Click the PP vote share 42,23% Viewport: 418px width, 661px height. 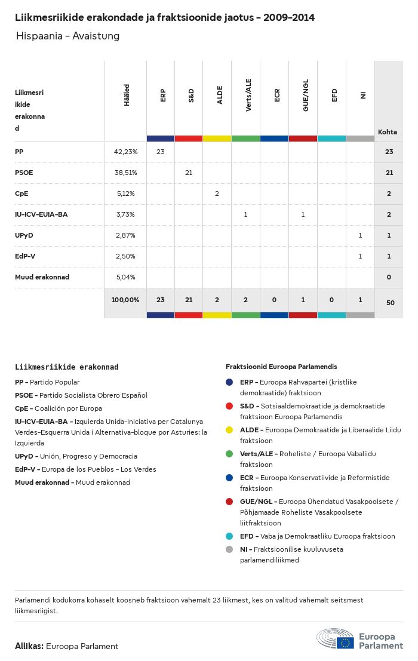[125, 152]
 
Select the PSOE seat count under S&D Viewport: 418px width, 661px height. [189, 173]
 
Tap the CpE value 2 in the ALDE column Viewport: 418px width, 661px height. [217, 193]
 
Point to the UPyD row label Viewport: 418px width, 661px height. [24, 235]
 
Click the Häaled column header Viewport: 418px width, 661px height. [127, 96]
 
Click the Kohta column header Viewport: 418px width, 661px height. [388, 132]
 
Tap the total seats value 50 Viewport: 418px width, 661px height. [390, 303]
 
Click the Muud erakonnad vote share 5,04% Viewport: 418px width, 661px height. [125, 277]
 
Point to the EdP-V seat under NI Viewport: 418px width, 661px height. [360, 256]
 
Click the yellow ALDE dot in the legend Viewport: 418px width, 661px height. [229, 430]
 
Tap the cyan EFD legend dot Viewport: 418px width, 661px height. [229, 536]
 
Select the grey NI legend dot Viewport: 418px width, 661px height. [229, 549]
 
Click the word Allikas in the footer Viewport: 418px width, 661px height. [29, 646]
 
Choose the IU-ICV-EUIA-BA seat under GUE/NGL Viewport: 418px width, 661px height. [303, 214]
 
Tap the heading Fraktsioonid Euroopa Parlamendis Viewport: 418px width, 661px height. [281, 366]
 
